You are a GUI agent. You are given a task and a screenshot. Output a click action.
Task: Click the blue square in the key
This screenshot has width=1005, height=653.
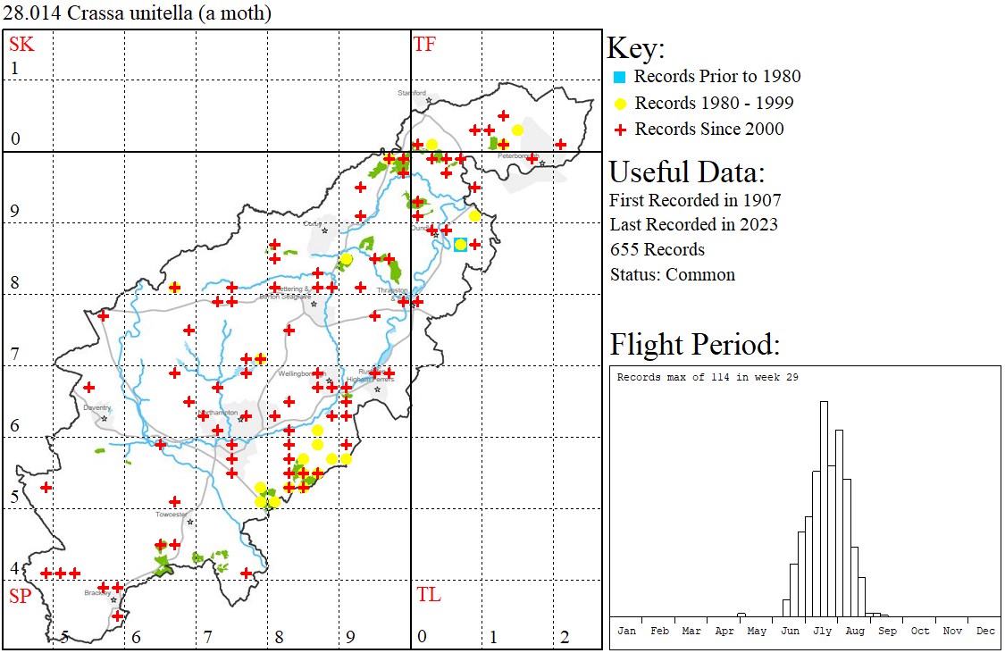tap(618, 77)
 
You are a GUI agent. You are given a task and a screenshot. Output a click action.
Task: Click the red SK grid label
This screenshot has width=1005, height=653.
tap(21, 44)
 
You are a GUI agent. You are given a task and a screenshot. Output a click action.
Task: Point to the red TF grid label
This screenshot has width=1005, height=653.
tap(424, 44)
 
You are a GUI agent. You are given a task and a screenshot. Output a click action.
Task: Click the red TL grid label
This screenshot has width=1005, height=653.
tap(428, 595)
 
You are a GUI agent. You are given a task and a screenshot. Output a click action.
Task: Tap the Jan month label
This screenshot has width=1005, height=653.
tap(627, 631)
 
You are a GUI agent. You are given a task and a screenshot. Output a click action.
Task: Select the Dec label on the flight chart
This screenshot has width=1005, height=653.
tap(984, 631)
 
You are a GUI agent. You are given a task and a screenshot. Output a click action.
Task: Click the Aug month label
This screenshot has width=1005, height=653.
tap(855, 631)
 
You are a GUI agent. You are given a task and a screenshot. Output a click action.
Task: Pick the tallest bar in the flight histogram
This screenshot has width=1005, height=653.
tap(824, 509)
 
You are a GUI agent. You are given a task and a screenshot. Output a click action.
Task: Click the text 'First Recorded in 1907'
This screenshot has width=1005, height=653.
tap(695, 199)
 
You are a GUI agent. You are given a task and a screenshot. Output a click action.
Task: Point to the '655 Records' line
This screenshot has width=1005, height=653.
tap(657, 249)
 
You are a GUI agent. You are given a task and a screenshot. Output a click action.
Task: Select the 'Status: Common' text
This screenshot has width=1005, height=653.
tap(672, 274)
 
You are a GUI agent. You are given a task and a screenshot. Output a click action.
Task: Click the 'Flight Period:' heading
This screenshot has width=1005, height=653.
tap(695, 344)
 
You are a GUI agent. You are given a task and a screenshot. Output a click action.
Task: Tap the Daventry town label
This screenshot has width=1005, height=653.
tap(96, 407)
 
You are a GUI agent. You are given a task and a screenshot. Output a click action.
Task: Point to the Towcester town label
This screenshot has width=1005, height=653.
tap(172, 515)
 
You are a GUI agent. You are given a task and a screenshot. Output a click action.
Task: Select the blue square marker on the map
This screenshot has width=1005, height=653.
tap(460, 245)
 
